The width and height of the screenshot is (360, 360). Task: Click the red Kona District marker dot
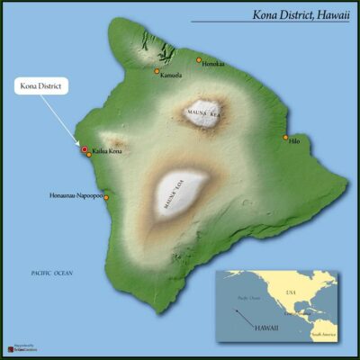pyautogui.click(x=85, y=149)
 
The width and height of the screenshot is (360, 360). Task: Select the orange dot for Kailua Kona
pyautogui.click(x=88, y=155)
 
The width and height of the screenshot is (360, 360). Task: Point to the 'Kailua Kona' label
pyautogui.click(x=106, y=152)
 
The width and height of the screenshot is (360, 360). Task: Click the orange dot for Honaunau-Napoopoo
pyautogui.click(x=106, y=196)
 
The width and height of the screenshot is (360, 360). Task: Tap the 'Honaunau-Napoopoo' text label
pyautogui.click(x=76, y=195)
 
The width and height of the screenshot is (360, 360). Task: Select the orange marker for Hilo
pyautogui.click(x=285, y=138)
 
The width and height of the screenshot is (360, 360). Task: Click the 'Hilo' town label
pyautogui.click(x=295, y=141)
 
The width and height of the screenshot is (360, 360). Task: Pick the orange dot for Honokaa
pyautogui.click(x=199, y=60)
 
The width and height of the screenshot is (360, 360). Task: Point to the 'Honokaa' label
pyautogui.click(x=213, y=64)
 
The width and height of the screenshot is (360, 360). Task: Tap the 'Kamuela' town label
pyautogui.click(x=171, y=75)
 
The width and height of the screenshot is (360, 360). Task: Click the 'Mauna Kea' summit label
pyautogui.click(x=203, y=113)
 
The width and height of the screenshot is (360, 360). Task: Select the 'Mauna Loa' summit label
pyautogui.click(x=174, y=198)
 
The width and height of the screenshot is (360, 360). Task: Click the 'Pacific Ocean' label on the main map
pyautogui.click(x=51, y=272)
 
